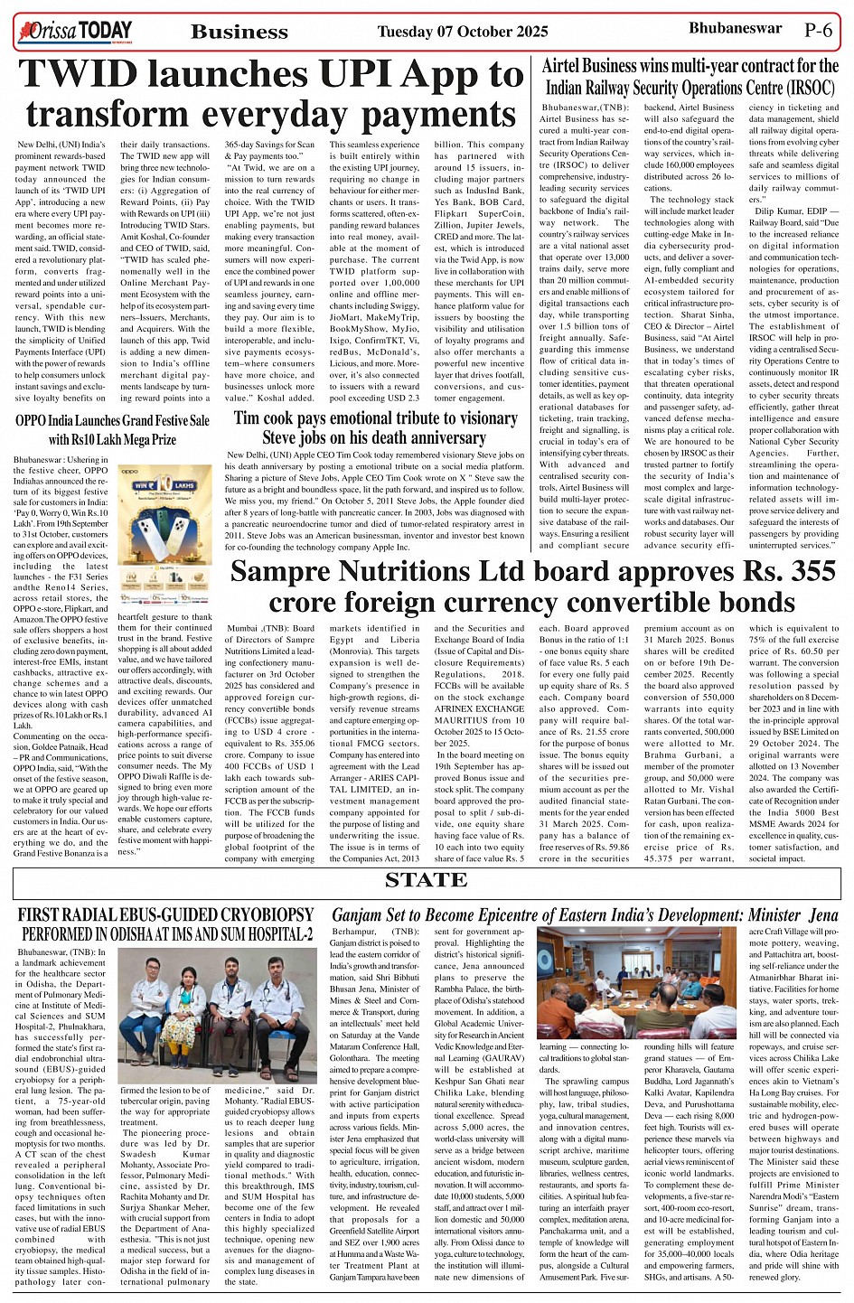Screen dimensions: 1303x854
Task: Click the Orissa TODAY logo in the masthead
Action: coord(75,33)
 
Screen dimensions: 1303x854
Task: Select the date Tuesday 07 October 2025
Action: coord(462,32)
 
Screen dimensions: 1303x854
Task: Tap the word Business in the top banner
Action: coord(239,33)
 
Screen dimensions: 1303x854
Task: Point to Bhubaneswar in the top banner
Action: coord(735,29)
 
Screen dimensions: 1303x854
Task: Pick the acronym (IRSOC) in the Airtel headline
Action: coord(796,89)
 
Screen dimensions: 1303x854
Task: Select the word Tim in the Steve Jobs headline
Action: coord(249,418)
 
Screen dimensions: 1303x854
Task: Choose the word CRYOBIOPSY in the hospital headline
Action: coord(253,915)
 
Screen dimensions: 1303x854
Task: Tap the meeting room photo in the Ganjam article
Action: coord(635,983)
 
